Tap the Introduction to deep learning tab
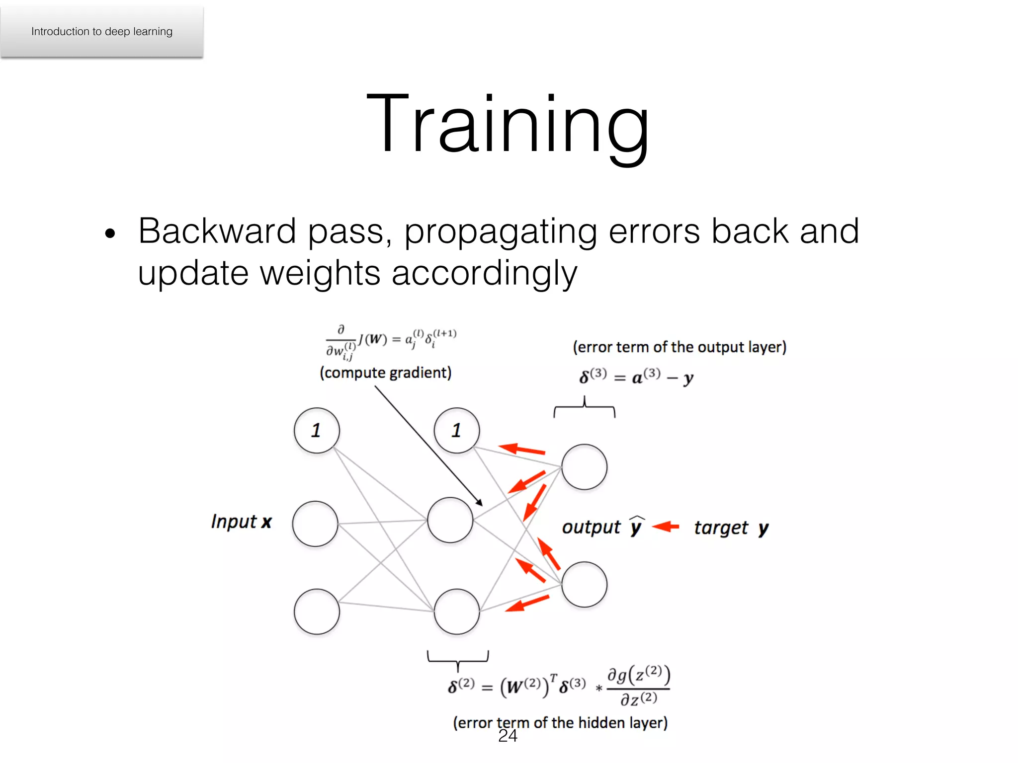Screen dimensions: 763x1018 tap(102, 31)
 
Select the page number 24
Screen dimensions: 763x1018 tap(508, 736)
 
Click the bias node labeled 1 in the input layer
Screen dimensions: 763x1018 tap(317, 430)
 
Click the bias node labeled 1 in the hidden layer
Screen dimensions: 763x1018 tap(456, 430)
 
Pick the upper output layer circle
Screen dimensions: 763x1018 tap(584, 467)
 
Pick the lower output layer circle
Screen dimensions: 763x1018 tap(584, 584)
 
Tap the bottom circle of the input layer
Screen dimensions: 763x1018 tap(317, 611)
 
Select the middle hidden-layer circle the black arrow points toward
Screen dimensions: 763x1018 tap(450, 520)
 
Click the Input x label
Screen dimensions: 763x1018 tap(241, 522)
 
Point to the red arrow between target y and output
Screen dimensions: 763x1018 tap(666, 526)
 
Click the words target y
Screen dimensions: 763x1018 tap(731, 528)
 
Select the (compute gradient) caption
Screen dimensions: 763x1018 tap(385, 373)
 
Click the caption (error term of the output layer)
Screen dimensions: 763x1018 tap(679, 347)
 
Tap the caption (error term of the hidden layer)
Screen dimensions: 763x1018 tap(560, 722)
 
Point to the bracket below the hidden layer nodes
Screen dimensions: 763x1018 tap(458, 659)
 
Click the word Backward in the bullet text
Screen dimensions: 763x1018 tap(217, 231)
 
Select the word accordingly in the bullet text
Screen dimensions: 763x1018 tap(484, 273)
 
